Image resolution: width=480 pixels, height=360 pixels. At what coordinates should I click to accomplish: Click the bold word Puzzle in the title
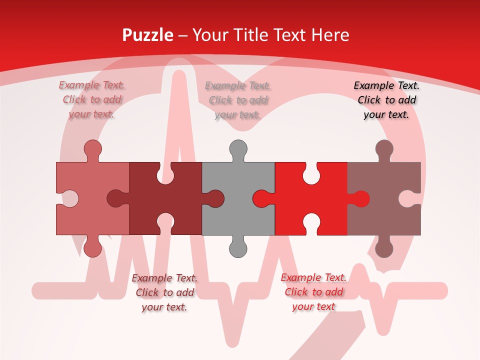(148, 35)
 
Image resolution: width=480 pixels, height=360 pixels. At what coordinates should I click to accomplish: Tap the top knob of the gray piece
(238, 149)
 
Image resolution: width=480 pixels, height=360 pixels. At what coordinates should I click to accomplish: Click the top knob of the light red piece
(92, 149)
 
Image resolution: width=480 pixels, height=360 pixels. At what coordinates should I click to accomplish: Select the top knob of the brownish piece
(384, 149)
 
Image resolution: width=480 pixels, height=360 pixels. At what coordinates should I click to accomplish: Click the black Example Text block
(386, 100)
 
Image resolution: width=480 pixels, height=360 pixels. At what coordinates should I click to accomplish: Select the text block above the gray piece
(238, 100)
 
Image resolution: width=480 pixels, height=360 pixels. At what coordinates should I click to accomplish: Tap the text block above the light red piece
(92, 100)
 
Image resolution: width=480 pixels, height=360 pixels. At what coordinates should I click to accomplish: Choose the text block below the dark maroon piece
(164, 292)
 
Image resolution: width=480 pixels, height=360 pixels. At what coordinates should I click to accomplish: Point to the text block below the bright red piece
(313, 292)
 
